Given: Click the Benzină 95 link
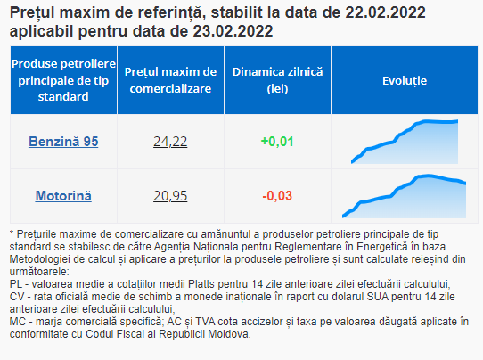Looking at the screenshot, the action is coord(63,142).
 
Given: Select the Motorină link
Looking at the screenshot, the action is coord(63,196).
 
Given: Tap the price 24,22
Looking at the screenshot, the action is coord(170,142).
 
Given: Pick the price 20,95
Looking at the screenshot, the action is coord(170,196).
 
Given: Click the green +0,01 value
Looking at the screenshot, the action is coord(277,142).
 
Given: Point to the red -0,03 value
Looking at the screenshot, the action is coord(277,196).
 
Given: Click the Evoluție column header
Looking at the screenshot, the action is coord(405,81).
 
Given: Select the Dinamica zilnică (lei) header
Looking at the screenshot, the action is coord(277,80).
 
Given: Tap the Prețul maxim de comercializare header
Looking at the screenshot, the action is coord(170,80).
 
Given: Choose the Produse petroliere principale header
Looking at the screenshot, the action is coord(63,80).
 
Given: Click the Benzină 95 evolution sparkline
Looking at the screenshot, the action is coord(405,142).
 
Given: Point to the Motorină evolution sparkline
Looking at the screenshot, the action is coord(405,196).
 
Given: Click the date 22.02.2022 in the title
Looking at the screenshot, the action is coord(385,12).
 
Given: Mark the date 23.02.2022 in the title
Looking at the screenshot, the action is coord(233,31).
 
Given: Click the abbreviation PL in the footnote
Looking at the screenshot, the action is coord(16,284).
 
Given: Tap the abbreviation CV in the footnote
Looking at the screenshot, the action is coord(17,297).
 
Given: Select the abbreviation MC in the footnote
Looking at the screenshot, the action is coord(17,322).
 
